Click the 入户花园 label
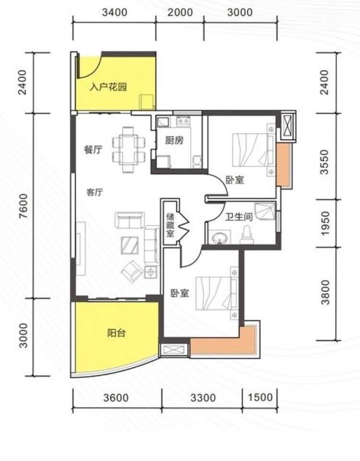108,87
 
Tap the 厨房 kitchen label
174,141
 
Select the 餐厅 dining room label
93,150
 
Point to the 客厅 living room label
95,193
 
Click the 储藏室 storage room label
170,225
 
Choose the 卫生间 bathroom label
239,217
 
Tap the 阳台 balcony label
116,333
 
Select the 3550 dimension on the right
324,162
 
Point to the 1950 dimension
325,223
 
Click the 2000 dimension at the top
180,12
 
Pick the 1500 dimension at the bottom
260,397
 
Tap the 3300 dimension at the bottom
203,398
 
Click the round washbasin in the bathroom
219,238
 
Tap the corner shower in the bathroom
265,211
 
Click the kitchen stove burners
182,121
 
